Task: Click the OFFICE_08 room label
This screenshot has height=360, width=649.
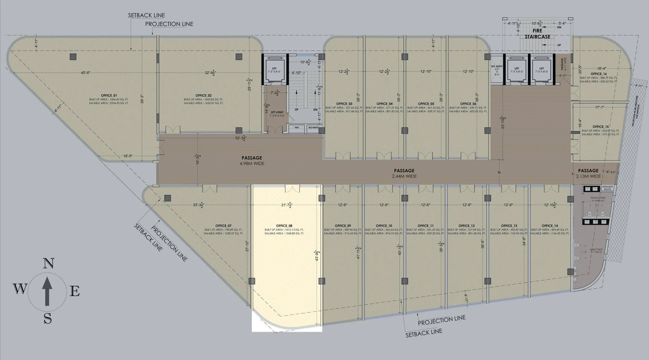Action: click(x=284, y=226)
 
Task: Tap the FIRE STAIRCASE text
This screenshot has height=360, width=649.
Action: click(x=537, y=34)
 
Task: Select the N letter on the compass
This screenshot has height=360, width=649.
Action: click(x=48, y=264)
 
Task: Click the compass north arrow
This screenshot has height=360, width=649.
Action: click(x=47, y=291)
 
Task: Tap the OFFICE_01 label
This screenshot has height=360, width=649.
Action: click(x=109, y=95)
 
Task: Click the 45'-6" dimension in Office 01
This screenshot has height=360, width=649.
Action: click(x=86, y=73)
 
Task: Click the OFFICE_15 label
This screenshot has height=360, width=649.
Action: click(x=601, y=127)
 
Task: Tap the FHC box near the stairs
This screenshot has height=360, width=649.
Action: click(x=297, y=128)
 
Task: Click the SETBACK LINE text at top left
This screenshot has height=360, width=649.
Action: click(x=146, y=15)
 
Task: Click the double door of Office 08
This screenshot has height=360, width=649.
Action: click(x=292, y=188)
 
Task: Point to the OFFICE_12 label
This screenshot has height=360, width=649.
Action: click(x=466, y=226)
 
